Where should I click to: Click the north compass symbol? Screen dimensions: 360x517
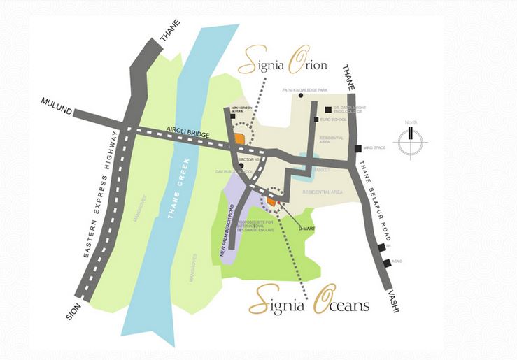click(x=409, y=141)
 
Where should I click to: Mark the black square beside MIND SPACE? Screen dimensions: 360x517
click(x=357, y=148)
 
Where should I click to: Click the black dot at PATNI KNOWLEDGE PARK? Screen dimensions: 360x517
click(x=300, y=95)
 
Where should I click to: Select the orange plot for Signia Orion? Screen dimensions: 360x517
click(x=239, y=138)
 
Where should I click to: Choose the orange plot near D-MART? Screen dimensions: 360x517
click(x=270, y=201)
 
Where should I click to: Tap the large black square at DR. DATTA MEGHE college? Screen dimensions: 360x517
click(x=327, y=109)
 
